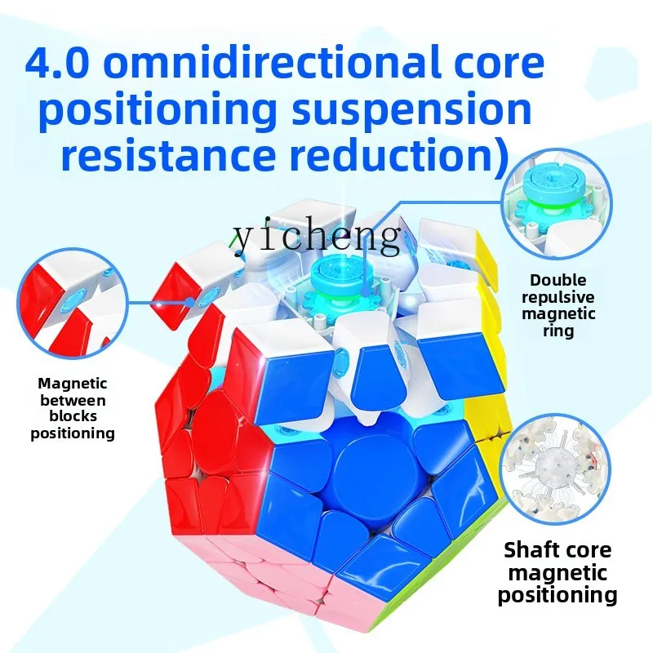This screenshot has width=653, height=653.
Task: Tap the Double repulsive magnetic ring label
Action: coord(558,305)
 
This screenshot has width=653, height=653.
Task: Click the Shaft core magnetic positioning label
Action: coord(557,572)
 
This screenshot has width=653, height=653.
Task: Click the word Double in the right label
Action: coord(558,280)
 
